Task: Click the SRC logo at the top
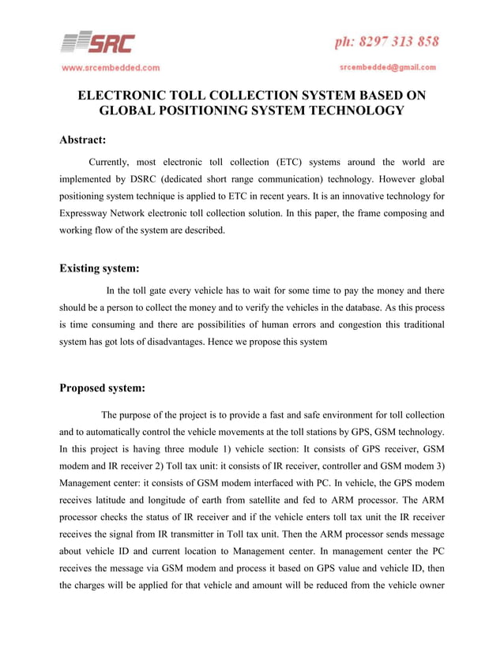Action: coord(99,43)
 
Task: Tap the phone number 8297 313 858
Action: coord(387,41)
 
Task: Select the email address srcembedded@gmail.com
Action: coord(389,67)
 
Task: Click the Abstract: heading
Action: coord(83,141)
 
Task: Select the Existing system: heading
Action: coord(100,268)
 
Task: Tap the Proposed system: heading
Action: coord(103,388)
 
